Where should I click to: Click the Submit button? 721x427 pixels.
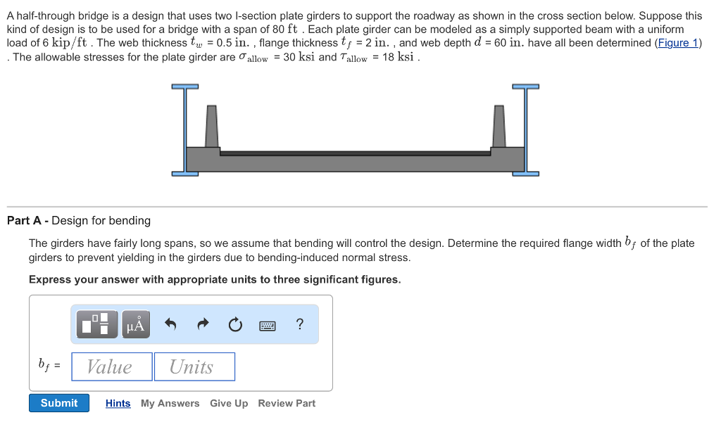(59, 403)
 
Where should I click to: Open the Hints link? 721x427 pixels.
(118, 403)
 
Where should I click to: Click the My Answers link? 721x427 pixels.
(170, 403)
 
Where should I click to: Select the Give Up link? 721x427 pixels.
(229, 403)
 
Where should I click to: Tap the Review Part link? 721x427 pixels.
(287, 403)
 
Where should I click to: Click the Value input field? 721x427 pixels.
(112, 367)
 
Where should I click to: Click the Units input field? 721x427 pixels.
(194, 367)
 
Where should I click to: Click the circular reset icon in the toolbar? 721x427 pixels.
(235, 324)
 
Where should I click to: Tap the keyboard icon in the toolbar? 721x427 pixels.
(268, 324)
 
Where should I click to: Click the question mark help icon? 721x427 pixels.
(300, 324)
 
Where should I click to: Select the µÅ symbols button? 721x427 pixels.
(136, 324)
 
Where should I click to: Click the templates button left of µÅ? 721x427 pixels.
(95, 324)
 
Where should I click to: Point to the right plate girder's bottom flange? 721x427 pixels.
(525, 173)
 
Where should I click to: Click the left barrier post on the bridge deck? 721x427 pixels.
(211, 127)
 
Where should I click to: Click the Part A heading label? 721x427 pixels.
(79, 221)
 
